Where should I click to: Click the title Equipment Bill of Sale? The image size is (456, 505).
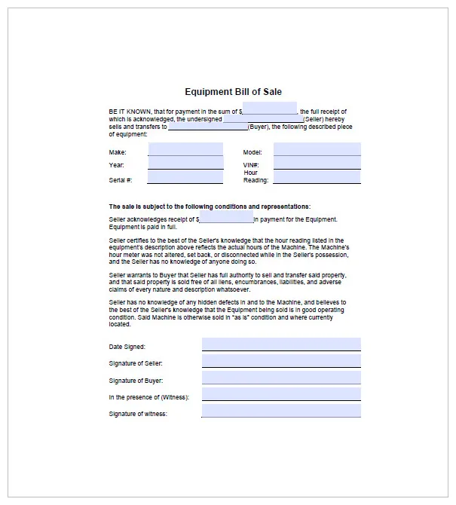[233, 92]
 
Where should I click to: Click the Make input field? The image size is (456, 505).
[185, 149]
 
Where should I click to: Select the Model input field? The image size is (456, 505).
[317, 149]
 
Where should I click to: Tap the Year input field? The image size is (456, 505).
[185, 164]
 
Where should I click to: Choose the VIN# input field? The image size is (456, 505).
[317, 164]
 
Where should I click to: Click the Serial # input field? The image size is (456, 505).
[185, 178]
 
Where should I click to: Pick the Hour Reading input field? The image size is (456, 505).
[317, 177]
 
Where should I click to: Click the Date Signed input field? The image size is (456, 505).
[281, 344]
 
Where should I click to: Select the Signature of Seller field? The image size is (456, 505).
[281, 362]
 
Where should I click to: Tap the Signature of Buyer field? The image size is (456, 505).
[281, 378]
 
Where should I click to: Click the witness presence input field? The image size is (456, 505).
[281, 395]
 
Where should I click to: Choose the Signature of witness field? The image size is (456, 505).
[281, 412]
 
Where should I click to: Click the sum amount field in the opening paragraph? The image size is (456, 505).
[270, 110]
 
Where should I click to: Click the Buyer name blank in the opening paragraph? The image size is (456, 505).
[207, 127]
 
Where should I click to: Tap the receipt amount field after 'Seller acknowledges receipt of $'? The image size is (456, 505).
[226, 219]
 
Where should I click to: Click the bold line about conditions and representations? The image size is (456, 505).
[210, 207]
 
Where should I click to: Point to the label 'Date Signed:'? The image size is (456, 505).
[127, 347]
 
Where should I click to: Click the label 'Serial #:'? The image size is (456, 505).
[121, 180]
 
